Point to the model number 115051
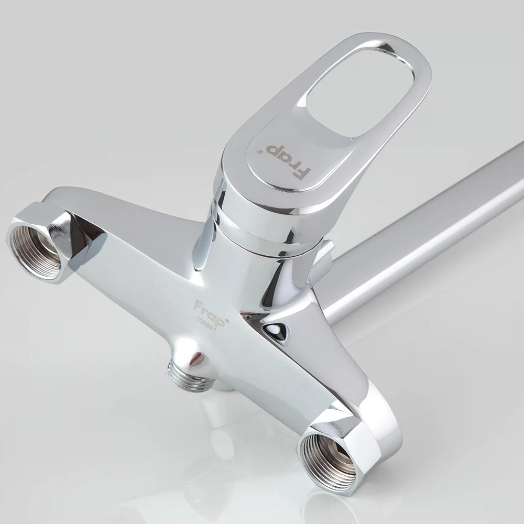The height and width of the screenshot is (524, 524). coord(206,325)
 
